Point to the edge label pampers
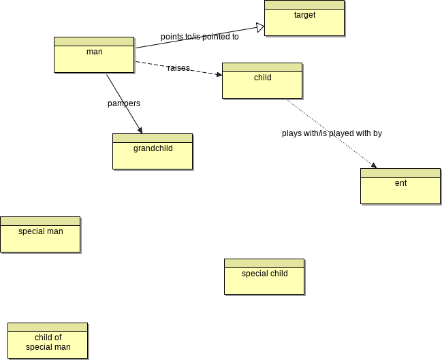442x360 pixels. click(x=124, y=103)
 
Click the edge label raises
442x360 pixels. click(x=178, y=68)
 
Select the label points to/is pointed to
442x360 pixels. click(x=200, y=37)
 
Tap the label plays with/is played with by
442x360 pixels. click(x=332, y=133)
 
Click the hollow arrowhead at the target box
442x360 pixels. click(x=260, y=27)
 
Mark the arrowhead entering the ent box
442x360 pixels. click(x=373, y=165)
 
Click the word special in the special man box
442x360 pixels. click(x=31, y=231)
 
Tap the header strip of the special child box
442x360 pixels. click(x=264, y=263)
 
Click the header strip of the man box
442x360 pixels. click(x=94, y=41)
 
